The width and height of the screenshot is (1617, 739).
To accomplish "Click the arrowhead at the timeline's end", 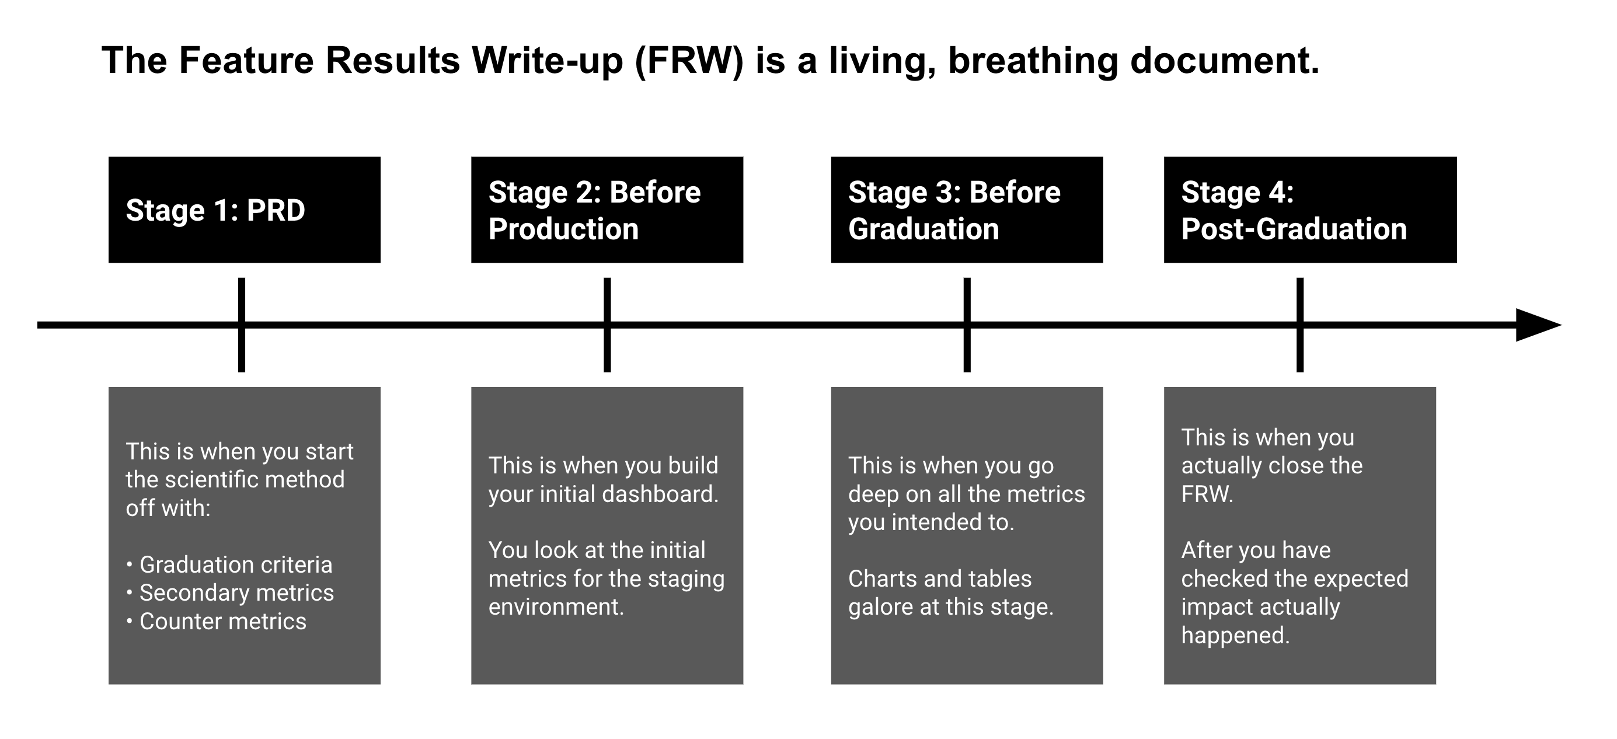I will click(x=1536, y=325).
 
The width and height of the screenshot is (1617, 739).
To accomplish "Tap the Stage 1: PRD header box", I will click(x=244, y=210).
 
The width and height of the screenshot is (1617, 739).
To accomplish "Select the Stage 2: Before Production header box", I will click(x=607, y=210).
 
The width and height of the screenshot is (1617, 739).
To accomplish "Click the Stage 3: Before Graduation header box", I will click(x=966, y=210).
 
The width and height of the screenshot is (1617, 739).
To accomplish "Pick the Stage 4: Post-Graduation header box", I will click(x=1309, y=210).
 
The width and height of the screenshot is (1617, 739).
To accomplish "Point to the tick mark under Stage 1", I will click(x=242, y=325).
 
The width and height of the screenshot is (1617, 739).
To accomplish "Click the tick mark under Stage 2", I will click(x=607, y=325).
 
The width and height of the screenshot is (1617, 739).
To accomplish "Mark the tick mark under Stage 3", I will click(x=967, y=325).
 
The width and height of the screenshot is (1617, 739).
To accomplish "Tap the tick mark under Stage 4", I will click(x=1300, y=325).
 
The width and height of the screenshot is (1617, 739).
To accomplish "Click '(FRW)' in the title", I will click(x=689, y=61).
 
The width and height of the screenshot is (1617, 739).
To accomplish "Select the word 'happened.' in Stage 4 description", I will click(x=1235, y=636).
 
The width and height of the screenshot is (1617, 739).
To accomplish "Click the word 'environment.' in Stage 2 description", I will click(x=556, y=607).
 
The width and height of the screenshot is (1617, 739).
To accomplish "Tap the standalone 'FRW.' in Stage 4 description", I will click(x=1207, y=494).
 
